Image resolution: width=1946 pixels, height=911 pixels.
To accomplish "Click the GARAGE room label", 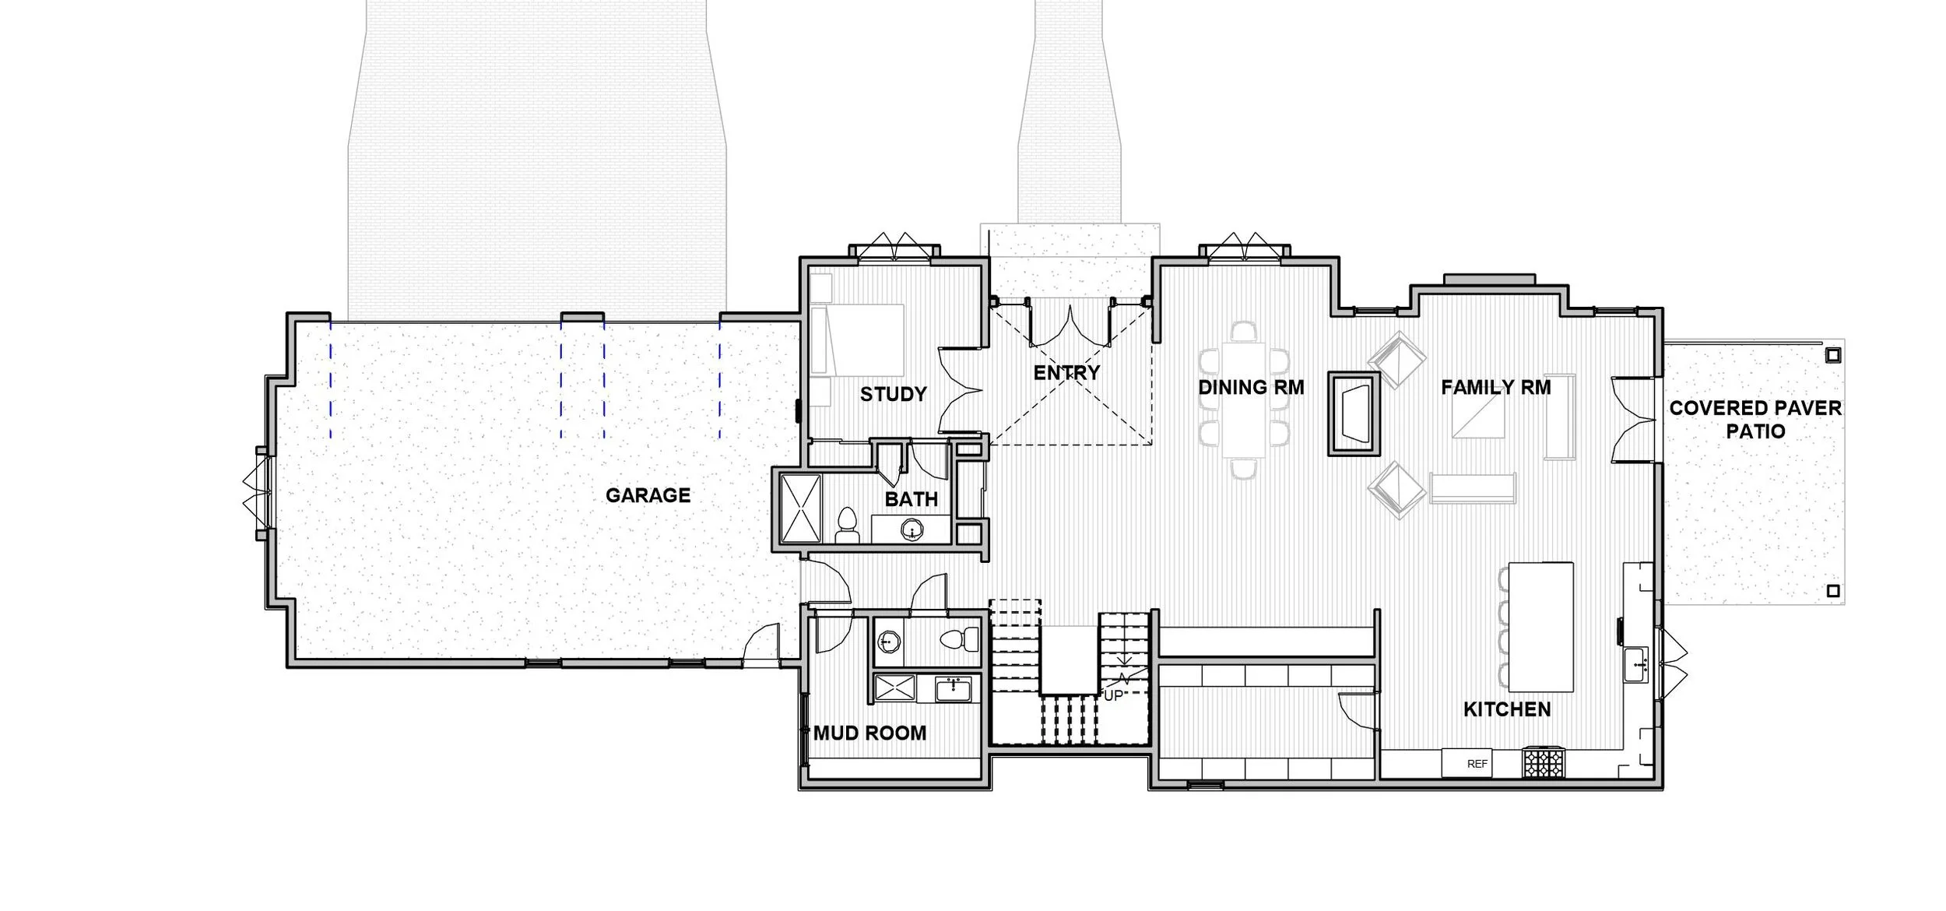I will tap(648, 495).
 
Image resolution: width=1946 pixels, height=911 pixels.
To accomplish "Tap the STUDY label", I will tap(893, 394).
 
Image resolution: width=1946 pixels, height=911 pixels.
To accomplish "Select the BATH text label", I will tap(911, 499).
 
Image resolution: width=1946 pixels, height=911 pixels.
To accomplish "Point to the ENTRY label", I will tap(1066, 373).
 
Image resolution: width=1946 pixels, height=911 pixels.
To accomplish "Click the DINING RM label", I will tap(1251, 387).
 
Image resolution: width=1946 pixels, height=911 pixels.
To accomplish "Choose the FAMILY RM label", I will tap(1495, 387).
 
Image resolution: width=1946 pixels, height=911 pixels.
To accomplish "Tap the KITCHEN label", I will tap(1507, 709).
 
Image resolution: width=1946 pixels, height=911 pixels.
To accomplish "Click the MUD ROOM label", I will tap(869, 733).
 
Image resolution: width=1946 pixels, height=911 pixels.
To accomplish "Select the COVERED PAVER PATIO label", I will tap(1755, 420).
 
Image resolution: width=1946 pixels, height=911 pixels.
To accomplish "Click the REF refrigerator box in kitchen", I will tap(1477, 764).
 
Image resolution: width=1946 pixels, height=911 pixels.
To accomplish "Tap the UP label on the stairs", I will tap(1113, 695).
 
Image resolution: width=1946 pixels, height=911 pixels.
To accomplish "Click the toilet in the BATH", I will tap(846, 525).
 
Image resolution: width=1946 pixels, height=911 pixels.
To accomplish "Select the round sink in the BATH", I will tap(912, 531).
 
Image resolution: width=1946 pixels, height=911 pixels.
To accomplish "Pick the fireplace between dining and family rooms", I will tap(1354, 413).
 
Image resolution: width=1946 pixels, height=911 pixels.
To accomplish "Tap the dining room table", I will tap(1243, 399).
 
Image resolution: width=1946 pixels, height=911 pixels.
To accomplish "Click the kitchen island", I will tap(1540, 627).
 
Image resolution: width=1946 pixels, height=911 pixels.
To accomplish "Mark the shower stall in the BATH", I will tap(800, 508).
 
